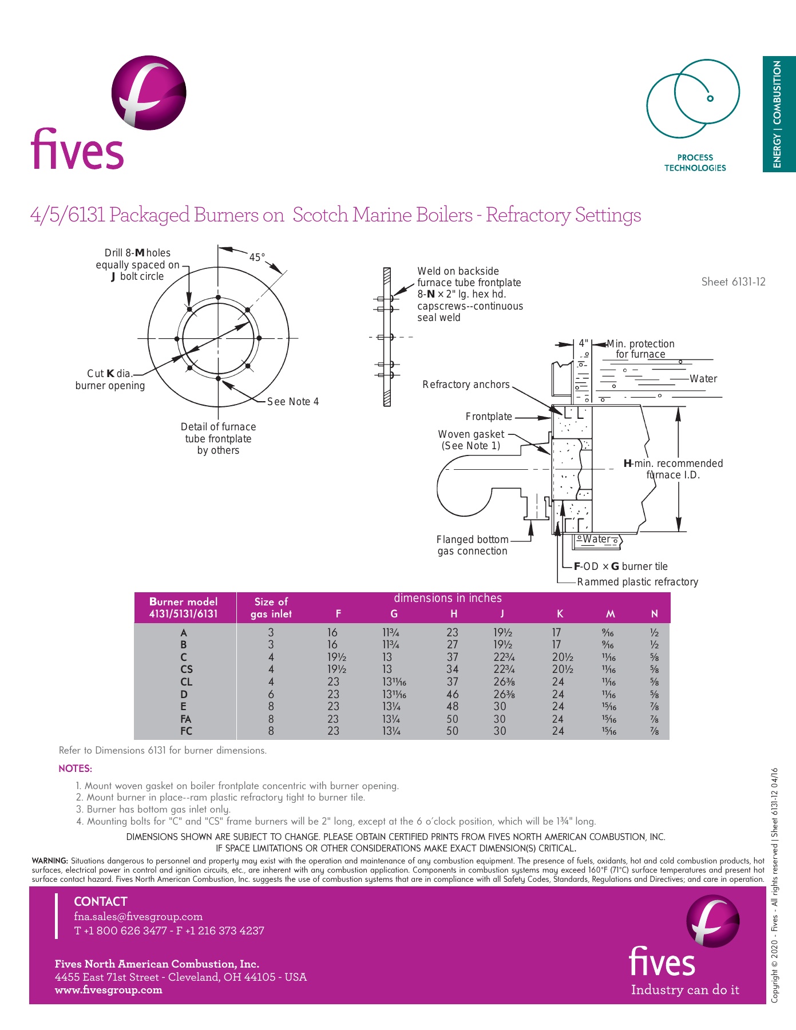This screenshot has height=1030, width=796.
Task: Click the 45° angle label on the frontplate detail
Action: [257, 257]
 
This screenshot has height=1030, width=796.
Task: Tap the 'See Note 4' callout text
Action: [293, 402]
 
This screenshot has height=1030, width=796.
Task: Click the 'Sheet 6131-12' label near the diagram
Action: [733, 282]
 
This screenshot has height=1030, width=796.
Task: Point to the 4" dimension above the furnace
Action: [583, 343]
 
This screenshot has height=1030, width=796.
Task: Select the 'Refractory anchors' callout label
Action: [466, 385]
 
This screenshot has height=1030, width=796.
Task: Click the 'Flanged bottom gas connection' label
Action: [472, 545]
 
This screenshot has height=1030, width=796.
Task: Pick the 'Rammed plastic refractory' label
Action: [637, 582]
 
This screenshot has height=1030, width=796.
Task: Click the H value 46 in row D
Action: [452, 694]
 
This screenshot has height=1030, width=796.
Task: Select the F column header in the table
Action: [338, 614]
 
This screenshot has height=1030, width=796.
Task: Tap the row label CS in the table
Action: [187, 669]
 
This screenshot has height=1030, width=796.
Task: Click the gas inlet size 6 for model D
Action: [271, 694]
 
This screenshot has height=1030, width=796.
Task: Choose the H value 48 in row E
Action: [452, 707]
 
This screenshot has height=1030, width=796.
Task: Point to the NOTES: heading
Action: [75, 768]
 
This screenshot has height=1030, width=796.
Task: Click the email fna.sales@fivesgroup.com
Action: [138, 917]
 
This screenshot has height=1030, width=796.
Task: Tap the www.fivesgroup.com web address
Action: [108, 990]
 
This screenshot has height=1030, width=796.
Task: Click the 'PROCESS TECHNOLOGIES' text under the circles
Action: [695, 163]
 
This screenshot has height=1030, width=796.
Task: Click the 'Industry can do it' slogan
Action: [685, 990]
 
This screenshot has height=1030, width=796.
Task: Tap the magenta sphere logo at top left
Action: [149, 92]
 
